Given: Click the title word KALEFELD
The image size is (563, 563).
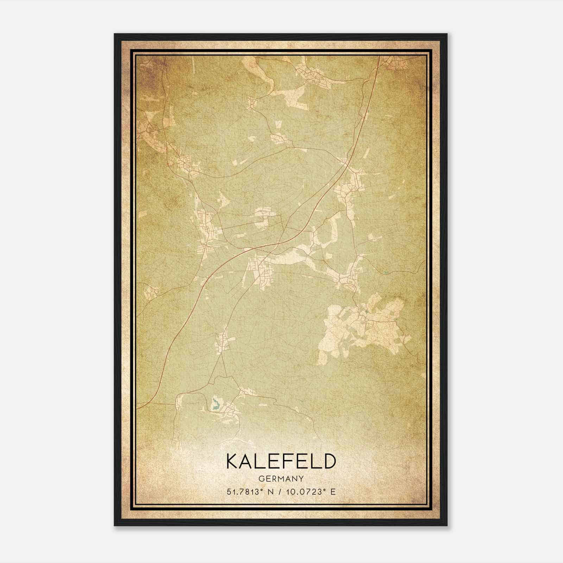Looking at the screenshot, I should (281, 461).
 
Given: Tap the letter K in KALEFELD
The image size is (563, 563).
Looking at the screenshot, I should (233, 461).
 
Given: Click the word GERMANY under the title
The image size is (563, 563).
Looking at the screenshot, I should (281, 479).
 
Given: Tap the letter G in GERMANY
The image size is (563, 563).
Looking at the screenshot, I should (261, 479).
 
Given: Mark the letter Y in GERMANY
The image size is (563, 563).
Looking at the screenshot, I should (302, 479).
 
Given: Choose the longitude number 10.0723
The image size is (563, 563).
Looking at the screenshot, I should (304, 492).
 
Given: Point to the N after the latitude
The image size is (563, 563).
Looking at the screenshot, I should (271, 492).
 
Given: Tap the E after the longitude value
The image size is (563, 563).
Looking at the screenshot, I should (333, 492).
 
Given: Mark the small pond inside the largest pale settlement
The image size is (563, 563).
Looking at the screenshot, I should (367, 311).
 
